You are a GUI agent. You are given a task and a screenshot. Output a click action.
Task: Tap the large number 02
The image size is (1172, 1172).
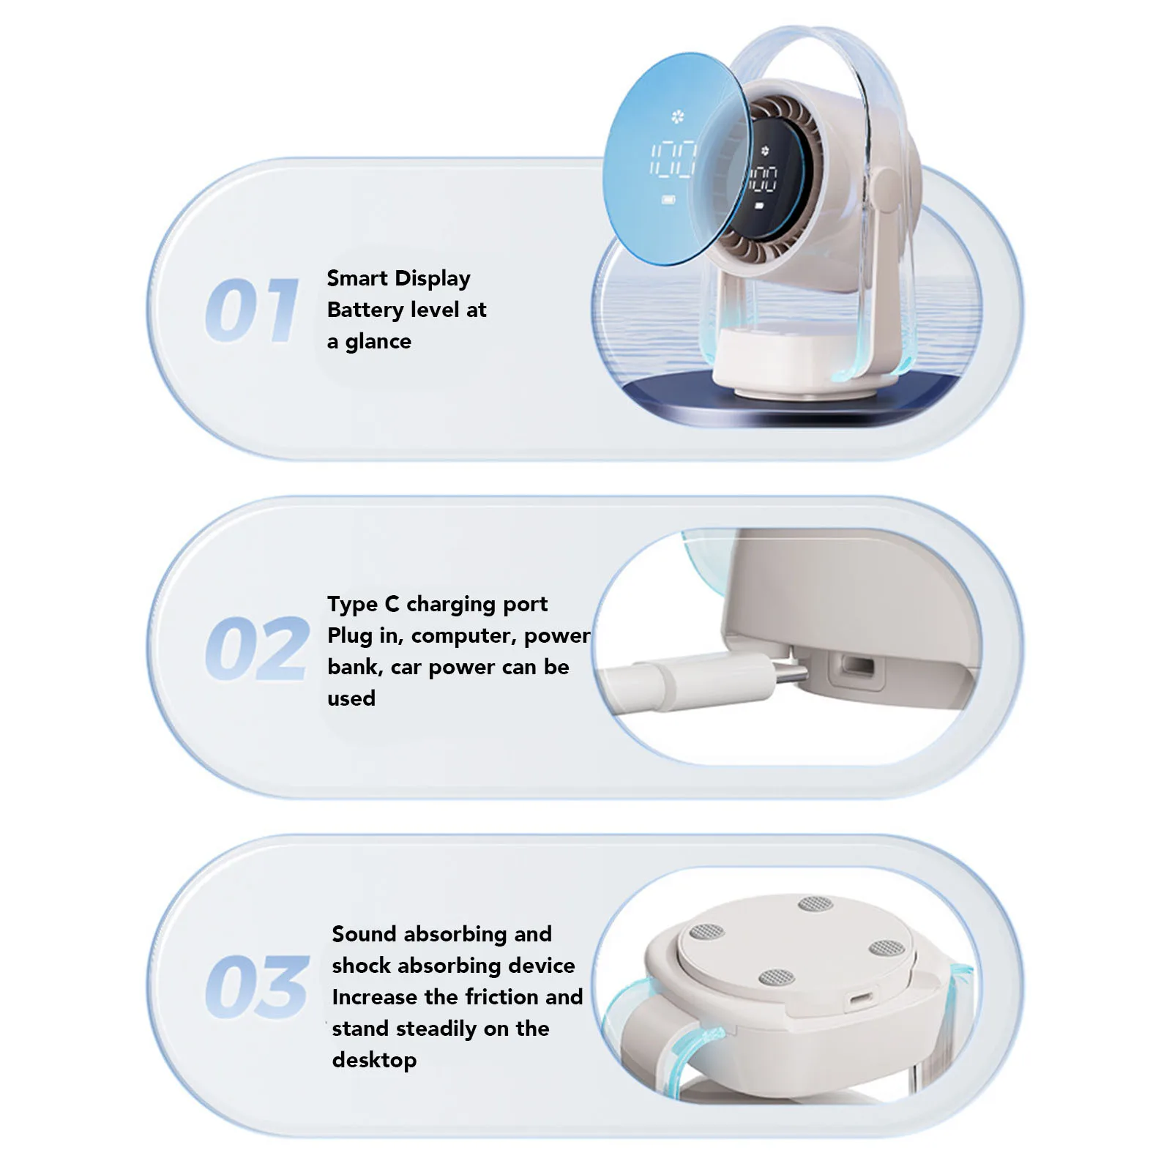256,649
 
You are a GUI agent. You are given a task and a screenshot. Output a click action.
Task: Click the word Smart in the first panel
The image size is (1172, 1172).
357,278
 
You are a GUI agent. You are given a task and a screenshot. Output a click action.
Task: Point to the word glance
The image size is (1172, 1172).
378,342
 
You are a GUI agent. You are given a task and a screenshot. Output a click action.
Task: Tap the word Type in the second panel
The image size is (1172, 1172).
352,605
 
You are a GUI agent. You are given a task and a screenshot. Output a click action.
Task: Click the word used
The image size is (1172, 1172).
351,698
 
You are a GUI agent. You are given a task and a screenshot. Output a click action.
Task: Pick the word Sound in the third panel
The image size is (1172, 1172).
364,934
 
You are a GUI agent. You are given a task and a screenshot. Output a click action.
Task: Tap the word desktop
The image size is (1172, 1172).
374,1060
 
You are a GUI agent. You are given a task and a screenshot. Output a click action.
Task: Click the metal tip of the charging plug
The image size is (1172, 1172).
791,674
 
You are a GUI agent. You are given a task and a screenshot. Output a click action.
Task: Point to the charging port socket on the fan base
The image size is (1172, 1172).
856,668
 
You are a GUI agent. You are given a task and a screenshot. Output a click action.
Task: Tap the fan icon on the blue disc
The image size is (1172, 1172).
677,116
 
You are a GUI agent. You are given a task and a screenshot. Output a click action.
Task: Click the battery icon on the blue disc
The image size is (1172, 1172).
669,199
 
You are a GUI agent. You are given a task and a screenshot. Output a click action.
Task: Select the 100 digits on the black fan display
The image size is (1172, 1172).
764,178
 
